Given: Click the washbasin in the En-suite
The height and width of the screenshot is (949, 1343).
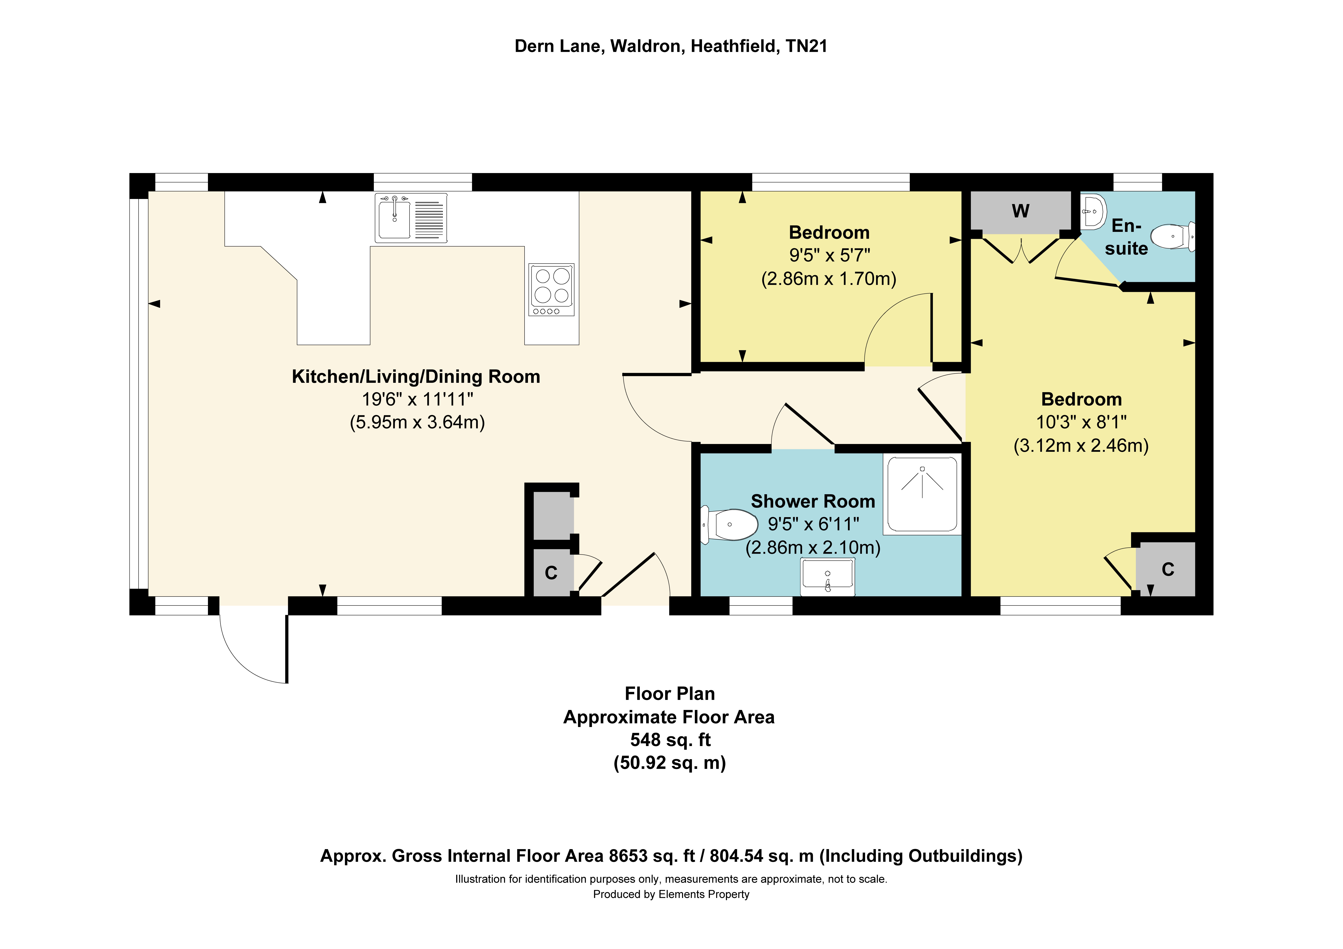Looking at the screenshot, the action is (1093, 211).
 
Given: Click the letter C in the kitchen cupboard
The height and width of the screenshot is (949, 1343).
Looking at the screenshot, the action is (551, 573).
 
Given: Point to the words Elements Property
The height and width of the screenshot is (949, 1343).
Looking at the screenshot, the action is (704, 894).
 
